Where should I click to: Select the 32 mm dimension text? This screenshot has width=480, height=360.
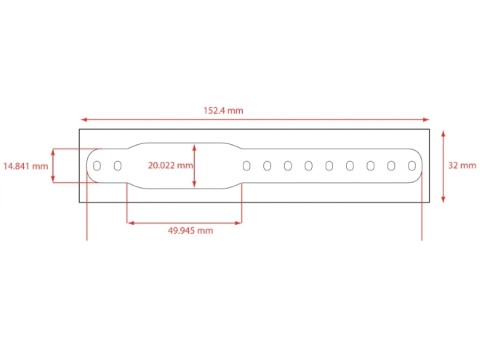[x=462, y=165]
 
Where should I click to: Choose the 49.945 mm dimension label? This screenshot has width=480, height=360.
[x=190, y=230]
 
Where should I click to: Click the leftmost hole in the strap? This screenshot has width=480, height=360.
[x=97, y=165]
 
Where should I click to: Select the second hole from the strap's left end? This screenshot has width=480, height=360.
[x=117, y=165]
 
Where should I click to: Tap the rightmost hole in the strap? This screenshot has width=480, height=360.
[x=412, y=165]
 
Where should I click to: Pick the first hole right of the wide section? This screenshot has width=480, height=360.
[x=247, y=165]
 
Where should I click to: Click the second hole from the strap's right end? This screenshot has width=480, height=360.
[x=391, y=165]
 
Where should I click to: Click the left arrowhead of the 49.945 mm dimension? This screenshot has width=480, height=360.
[x=130, y=222]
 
